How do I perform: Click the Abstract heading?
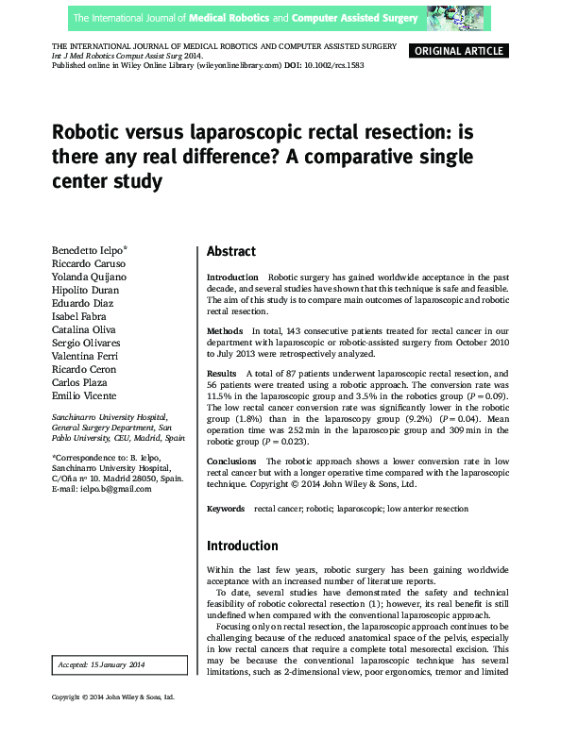[231, 252]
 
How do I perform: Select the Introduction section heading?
[243, 546]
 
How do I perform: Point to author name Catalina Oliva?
[85, 329]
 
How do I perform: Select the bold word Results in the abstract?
[224, 374]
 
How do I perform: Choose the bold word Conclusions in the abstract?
[232, 461]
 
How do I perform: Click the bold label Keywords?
[227, 509]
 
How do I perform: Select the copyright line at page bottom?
[113, 724]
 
